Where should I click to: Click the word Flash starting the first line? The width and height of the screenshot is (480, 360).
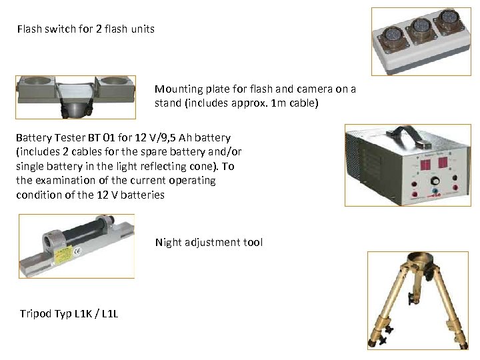(30, 29)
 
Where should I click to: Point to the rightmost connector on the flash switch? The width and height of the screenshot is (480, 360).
(449, 20)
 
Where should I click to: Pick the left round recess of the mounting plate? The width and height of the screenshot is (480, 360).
(37, 81)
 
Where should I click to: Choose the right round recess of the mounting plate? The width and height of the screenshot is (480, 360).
(113, 81)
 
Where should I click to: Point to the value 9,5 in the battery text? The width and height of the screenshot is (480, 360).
(168, 137)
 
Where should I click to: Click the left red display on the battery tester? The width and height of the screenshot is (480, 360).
(425, 165)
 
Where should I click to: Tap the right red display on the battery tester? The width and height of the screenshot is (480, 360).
(443, 162)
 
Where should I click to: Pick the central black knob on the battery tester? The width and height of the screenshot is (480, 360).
(435, 181)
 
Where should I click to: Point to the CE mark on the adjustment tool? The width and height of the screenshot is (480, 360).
(78, 251)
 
